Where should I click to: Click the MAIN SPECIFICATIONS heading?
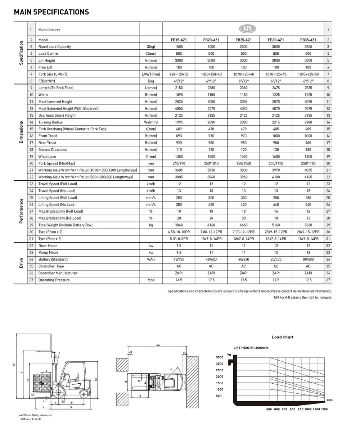[51, 12]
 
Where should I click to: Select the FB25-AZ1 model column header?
[244, 40]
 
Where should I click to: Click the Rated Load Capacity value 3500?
[308, 47]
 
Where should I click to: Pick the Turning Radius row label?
[50, 122]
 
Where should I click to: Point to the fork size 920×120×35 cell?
[179, 74]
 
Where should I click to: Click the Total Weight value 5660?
[308, 225]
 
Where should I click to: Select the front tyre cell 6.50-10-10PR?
[179, 232]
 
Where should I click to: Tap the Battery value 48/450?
[179, 259]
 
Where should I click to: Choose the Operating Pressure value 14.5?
[179, 280]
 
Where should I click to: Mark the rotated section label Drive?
[21, 263]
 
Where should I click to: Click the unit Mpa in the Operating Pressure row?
[150, 280]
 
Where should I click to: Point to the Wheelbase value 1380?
[179, 157]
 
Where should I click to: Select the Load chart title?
[282, 337]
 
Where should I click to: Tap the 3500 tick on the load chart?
[220, 357]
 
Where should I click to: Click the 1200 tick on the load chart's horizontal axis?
[324, 410]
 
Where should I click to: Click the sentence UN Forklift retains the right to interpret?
[303, 298]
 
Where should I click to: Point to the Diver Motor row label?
[48, 246]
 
